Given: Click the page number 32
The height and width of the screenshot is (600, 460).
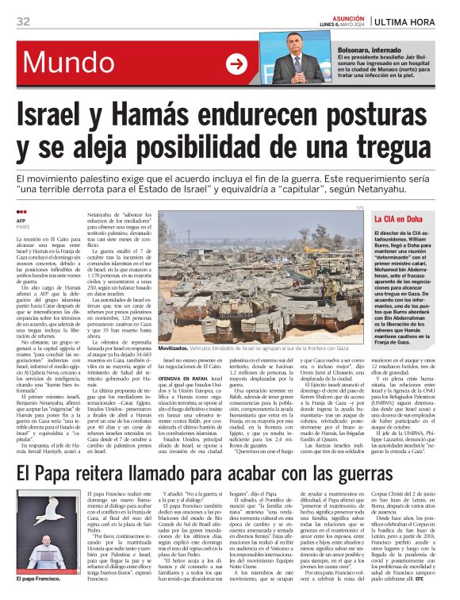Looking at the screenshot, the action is [x=24, y=21].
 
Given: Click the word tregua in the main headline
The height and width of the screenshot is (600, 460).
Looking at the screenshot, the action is [x=394, y=148].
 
